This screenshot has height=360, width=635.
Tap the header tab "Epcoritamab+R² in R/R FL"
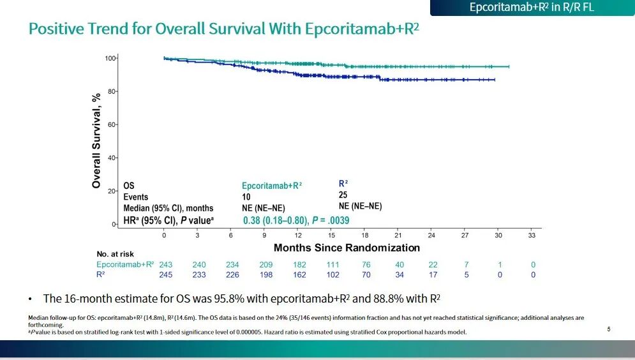tap(532, 8)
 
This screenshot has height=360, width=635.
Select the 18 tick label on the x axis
tap(364, 236)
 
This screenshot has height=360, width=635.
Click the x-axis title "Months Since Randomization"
tap(347, 248)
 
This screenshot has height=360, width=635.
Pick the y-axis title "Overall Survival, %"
tap(96, 140)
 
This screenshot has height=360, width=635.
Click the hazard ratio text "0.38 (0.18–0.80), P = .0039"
tap(296, 220)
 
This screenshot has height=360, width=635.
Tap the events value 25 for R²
tap(343, 195)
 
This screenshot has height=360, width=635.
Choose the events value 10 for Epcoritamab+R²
tap(246, 197)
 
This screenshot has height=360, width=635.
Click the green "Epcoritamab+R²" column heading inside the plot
tap(272, 186)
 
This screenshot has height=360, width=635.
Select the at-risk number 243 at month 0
tap(165, 265)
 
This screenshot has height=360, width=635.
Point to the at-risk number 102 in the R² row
tap(332, 275)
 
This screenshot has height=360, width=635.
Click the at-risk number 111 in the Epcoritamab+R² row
tap(332, 265)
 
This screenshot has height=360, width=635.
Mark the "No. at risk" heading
tap(116, 254)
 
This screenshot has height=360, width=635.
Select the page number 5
tap(609, 329)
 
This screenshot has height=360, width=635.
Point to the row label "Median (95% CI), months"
tap(168, 209)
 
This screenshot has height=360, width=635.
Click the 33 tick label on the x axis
tap(532, 236)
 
